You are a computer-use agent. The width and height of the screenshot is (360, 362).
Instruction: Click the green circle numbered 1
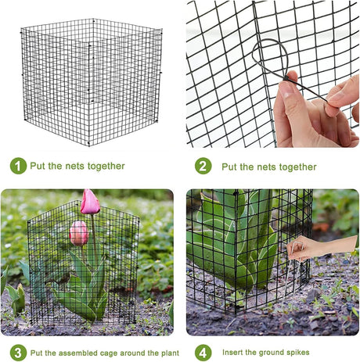[x=18, y=166]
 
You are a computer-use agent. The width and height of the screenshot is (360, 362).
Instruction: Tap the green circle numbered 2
[x=203, y=166]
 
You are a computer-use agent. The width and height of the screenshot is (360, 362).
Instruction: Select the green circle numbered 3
[x=18, y=353]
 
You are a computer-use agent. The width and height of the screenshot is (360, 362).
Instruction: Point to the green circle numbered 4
[x=203, y=353]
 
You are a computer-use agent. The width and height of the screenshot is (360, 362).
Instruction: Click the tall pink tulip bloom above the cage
[x=90, y=202]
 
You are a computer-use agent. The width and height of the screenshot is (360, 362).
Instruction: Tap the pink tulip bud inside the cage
[x=79, y=233]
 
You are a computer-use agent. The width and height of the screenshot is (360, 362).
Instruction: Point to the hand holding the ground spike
[x=322, y=247]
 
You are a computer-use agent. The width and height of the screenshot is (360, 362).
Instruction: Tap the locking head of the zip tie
[x=286, y=78]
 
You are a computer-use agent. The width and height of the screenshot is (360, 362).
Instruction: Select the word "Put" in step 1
[x=38, y=166]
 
